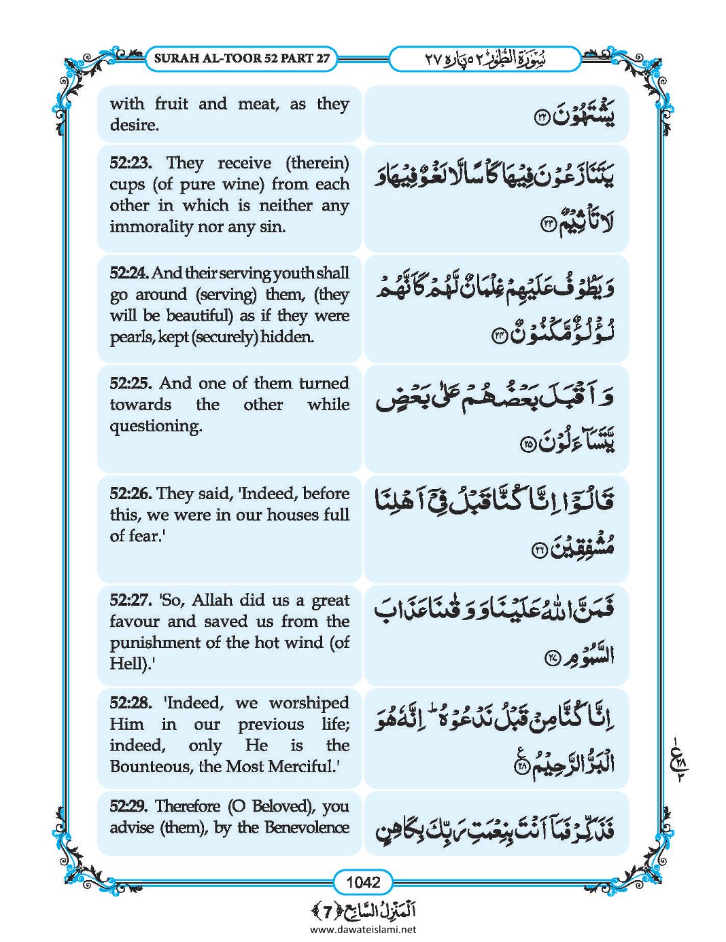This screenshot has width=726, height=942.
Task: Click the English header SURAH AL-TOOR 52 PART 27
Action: coord(242,58)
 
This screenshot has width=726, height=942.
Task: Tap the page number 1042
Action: coord(363,882)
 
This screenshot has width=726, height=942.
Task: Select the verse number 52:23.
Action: coord(130,163)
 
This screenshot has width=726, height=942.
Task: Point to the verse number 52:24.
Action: coord(129,273)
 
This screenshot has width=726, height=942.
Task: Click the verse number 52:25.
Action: coord(130,383)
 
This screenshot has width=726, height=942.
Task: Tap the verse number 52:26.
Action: coord(130,494)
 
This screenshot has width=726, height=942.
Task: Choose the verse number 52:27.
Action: coord(130,600)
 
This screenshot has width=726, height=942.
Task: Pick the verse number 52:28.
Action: coord(131,703)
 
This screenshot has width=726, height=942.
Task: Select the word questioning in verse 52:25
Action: coord(156,426)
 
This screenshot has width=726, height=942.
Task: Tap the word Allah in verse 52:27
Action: coord(214,600)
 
